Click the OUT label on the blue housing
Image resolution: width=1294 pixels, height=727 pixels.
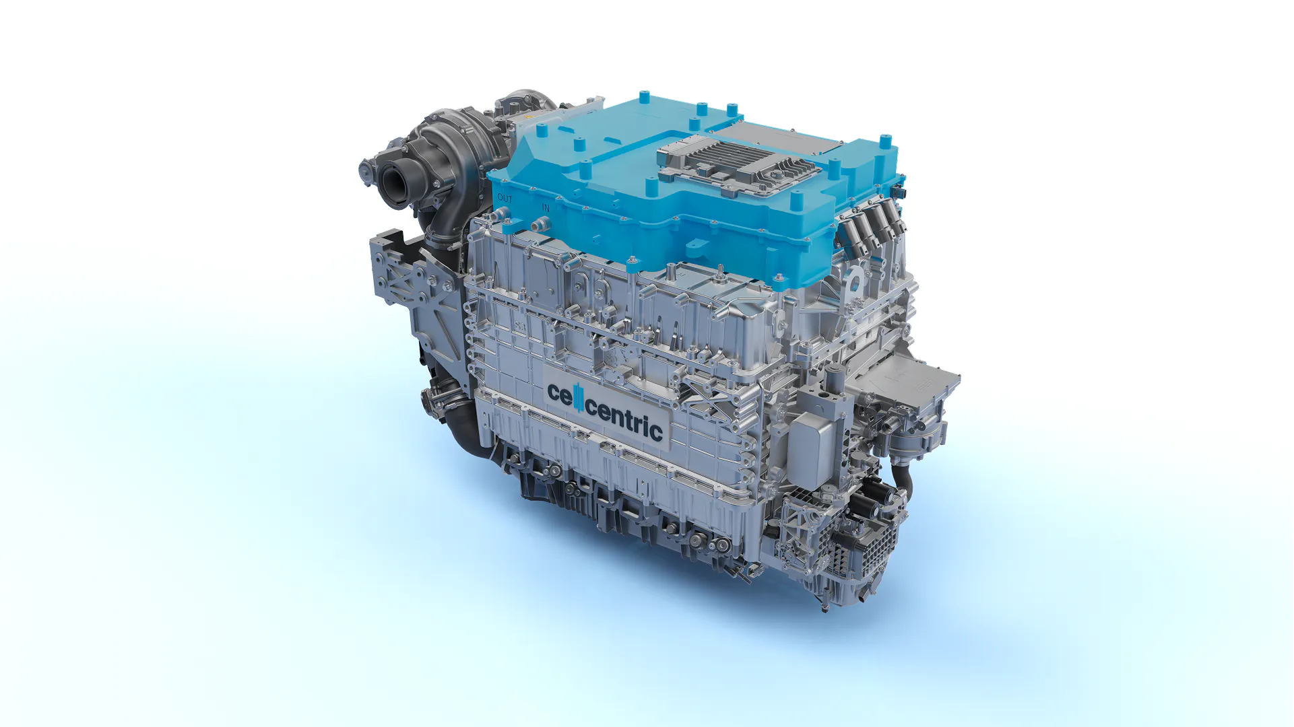[x=505, y=199]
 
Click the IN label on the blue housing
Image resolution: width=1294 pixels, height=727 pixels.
[x=546, y=208]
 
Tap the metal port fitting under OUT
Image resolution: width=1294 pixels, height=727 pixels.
[x=502, y=215]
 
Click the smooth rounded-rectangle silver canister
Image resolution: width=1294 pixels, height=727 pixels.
[x=814, y=448]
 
